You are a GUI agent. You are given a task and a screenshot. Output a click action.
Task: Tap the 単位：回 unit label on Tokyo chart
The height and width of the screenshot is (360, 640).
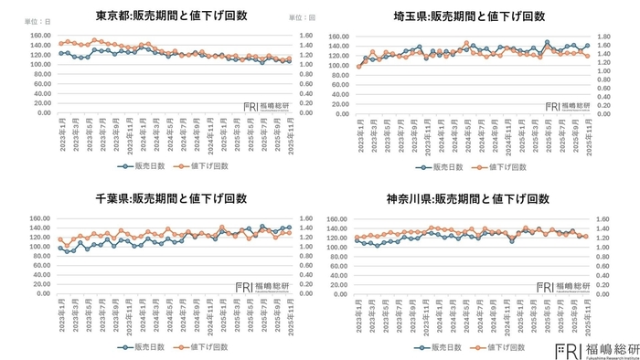coord(302,16)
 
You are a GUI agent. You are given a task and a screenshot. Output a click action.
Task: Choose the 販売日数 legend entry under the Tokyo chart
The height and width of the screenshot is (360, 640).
coord(140,166)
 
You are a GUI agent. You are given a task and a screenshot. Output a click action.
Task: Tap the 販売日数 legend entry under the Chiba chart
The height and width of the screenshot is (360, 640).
coord(140,347)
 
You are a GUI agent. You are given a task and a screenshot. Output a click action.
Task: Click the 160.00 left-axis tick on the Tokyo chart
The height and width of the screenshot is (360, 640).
coord(39,37)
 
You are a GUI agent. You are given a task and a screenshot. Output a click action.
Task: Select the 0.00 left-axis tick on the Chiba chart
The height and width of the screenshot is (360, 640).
coord(39,294)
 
